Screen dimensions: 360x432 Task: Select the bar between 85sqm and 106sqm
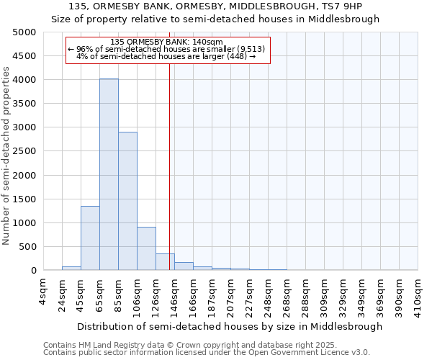(127, 201)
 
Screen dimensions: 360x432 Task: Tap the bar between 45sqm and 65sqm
(90, 238)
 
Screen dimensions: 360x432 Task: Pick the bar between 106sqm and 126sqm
(146, 248)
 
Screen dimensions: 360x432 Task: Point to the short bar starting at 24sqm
(71, 268)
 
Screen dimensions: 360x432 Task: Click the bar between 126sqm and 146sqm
(165, 262)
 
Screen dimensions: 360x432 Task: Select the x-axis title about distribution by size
(230, 326)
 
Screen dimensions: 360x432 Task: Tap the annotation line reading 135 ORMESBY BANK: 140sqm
(168, 42)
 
